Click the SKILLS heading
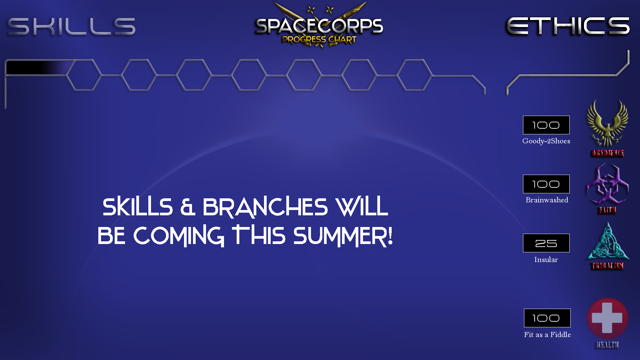coord(72,26)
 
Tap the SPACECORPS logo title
coord(319,26)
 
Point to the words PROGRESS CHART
coord(319,40)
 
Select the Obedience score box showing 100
coord(546,125)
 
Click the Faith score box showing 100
coord(546,184)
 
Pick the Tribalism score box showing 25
coord(546,243)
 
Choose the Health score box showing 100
coord(547,318)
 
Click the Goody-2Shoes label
coord(546,141)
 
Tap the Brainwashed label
coord(547,200)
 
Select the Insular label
coord(546,260)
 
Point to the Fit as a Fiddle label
coord(547,335)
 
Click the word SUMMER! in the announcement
coord(343,236)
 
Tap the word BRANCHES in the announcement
coord(265,207)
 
